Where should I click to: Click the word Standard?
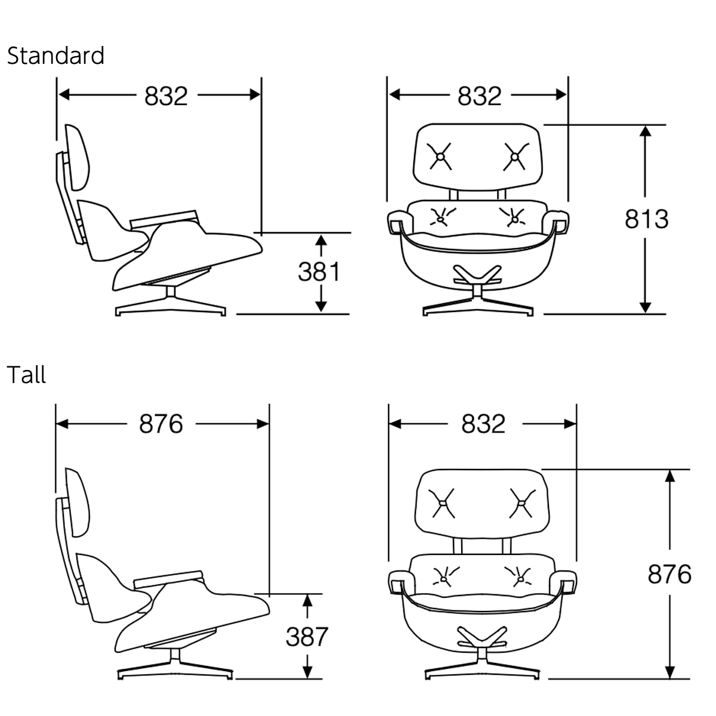point(55,56)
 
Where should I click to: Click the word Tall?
point(26,375)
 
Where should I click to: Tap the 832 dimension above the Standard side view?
point(166,95)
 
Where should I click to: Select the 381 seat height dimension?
point(319,272)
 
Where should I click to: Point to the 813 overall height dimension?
point(647,219)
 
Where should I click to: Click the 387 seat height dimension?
point(307,637)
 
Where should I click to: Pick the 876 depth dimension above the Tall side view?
point(161,424)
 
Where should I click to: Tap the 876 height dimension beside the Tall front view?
point(669,574)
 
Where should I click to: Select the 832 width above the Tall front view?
point(483,424)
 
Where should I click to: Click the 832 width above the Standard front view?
point(480,95)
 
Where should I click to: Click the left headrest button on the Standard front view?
point(440,156)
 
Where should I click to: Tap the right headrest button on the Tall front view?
point(521,503)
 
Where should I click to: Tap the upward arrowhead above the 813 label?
point(644,131)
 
